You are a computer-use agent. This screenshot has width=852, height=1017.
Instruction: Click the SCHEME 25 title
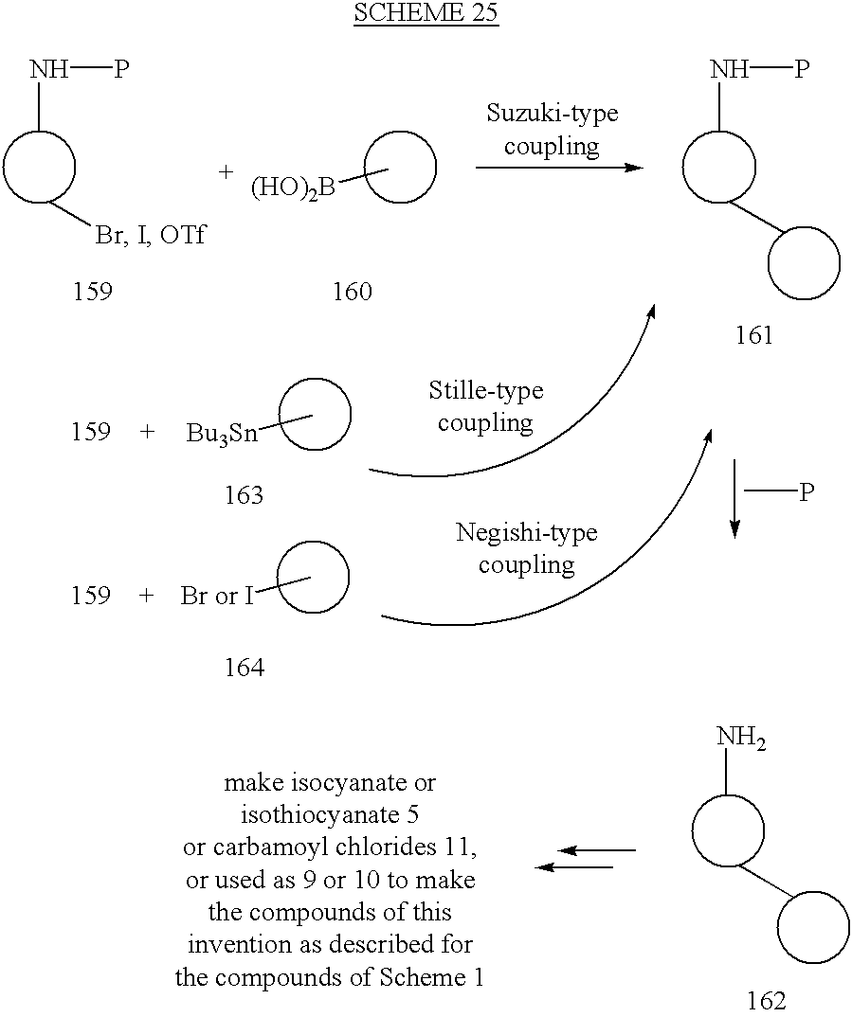426,14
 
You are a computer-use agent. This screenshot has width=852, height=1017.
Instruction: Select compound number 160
352,292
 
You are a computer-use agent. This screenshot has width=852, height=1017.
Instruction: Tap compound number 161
754,334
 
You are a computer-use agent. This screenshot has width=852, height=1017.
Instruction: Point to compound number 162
767,1001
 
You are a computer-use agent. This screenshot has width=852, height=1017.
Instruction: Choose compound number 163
244,494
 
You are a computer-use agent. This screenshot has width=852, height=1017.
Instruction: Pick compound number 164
244,668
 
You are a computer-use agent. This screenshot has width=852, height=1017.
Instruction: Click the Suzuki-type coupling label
552,130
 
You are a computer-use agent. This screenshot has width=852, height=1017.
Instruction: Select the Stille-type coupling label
485,406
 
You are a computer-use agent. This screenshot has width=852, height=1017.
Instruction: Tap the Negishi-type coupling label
526,548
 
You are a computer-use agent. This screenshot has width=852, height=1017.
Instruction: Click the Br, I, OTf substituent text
150,235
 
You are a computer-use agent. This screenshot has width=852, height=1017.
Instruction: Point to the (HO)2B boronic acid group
294,188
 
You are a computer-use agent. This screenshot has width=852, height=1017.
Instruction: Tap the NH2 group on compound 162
741,740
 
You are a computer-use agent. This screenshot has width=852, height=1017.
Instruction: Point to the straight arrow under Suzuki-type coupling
558,168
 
